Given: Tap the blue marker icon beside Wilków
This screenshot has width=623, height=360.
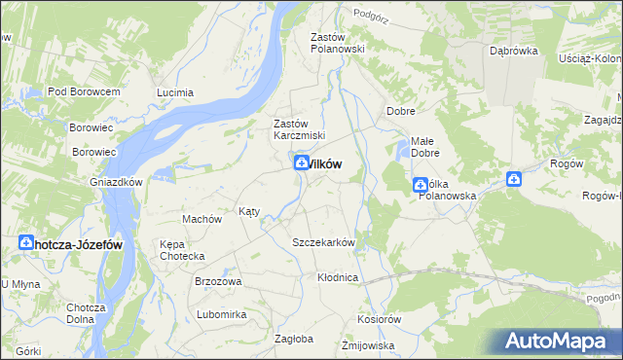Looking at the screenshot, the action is [x=302, y=164].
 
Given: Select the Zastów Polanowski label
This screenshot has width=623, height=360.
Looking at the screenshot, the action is [x=337, y=43].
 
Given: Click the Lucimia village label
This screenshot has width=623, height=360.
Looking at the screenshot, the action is [x=175, y=92].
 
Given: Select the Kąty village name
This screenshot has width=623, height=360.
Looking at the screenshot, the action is [x=249, y=211].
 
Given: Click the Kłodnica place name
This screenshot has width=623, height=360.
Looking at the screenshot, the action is [x=338, y=277].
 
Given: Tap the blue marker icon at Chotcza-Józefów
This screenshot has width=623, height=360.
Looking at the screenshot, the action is [x=26, y=244].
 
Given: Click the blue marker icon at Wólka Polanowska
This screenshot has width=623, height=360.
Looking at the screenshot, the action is [x=421, y=183].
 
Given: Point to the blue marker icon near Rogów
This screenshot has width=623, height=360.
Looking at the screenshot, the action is [x=514, y=179].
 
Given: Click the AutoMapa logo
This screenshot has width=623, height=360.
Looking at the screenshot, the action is [x=557, y=342].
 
